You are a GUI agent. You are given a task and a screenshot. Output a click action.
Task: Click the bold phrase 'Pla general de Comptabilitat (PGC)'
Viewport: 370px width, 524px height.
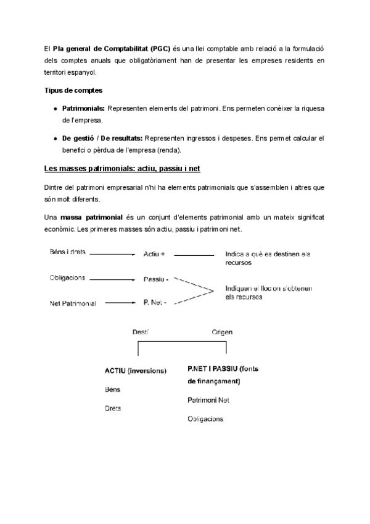[112, 48]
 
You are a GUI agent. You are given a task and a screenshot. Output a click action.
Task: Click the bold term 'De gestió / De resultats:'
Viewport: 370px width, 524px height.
[102, 137]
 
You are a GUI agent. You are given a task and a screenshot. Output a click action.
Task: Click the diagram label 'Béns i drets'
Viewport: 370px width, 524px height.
[67, 252]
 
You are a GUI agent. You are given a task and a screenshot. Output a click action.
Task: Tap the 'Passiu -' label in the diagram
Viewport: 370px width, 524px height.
[156, 279]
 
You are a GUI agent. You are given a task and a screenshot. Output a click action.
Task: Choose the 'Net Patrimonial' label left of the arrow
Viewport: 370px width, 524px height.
[72, 304]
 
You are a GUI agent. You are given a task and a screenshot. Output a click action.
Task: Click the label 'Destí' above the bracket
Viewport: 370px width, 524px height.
[141, 332]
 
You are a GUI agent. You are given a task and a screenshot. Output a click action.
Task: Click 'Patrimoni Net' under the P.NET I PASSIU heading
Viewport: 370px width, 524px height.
[208, 400]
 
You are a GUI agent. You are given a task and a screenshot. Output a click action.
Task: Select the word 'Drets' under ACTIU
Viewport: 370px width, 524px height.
[113, 408]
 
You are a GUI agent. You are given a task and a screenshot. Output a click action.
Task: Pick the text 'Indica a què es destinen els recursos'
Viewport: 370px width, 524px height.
[268, 258]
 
